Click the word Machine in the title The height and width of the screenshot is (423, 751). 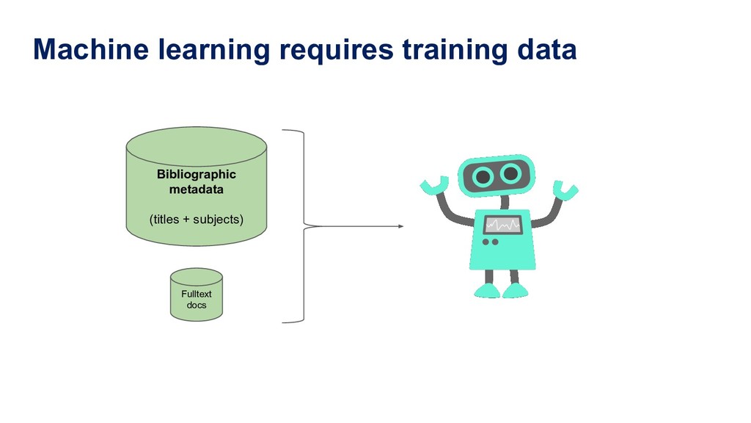[x=81, y=50]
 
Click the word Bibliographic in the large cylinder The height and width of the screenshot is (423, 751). [x=196, y=175]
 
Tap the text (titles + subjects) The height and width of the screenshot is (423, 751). [x=196, y=219]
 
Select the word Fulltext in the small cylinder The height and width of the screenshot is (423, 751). [x=196, y=294]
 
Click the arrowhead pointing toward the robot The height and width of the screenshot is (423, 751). [x=400, y=226]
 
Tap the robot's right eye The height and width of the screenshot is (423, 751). [x=511, y=173]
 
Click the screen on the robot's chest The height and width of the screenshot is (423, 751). [x=502, y=225]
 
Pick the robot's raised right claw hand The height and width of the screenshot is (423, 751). [x=565, y=189]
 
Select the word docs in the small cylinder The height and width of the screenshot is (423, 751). [x=196, y=305]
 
